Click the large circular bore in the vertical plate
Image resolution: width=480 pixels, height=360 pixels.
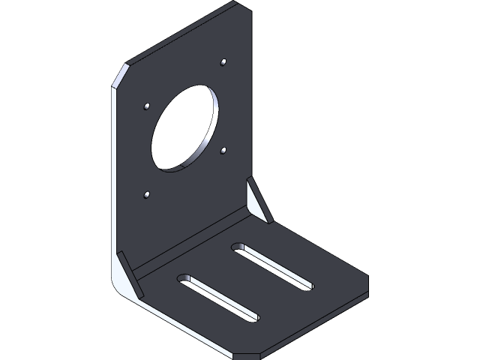pos(183,130)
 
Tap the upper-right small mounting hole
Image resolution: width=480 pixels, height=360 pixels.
pos(225,61)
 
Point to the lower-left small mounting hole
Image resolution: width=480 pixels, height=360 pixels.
pos(147,196)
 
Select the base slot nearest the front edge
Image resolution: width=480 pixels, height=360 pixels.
pos(218,298)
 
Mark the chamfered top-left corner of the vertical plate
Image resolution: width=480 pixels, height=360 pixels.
pos(118,76)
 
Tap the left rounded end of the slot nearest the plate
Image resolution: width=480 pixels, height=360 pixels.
pos(238,246)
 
